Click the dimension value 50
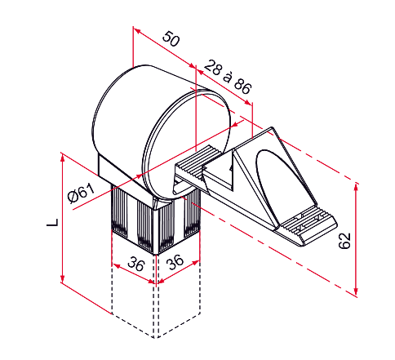point(171,39)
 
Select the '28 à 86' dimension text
point(228,77)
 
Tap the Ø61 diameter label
point(81,193)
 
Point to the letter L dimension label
point(52,222)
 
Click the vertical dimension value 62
point(344,241)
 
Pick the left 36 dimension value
point(135,264)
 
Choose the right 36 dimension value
point(175,262)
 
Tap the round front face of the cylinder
point(187,145)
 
